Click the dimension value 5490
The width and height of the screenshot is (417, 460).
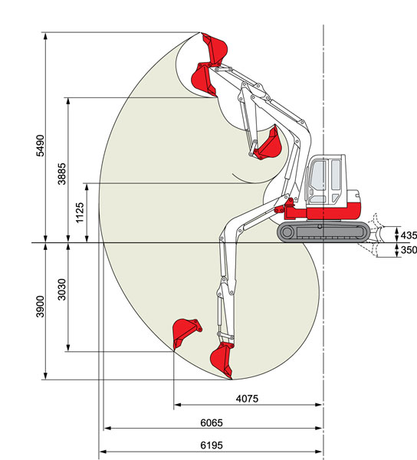click(x=40, y=146)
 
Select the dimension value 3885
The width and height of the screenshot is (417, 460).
click(x=62, y=174)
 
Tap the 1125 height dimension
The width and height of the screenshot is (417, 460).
click(x=80, y=212)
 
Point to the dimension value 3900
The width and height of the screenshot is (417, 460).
click(x=40, y=307)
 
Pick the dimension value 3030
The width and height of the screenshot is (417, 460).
click(x=62, y=290)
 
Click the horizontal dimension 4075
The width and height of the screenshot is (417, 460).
click(x=247, y=399)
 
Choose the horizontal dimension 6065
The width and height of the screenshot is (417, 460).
click(x=212, y=422)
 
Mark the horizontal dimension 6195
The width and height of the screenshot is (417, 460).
click(x=212, y=445)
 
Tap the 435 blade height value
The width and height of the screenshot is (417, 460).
click(x=409, y=235)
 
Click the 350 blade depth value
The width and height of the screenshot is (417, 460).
click(x=409, y=250)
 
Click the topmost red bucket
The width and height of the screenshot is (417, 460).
click(x=215, y=49)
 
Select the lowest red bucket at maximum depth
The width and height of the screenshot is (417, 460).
click(x=222, y=360)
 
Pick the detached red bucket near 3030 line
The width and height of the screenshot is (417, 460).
click(x=185, y=332)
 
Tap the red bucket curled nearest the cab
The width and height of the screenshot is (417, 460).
click(x=268, y=145)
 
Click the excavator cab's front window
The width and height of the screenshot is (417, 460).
click(x=318, y=176)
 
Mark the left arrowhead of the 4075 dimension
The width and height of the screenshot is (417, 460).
click(x=177, y=405)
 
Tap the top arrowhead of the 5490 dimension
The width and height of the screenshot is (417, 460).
click(x=45, y=36)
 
